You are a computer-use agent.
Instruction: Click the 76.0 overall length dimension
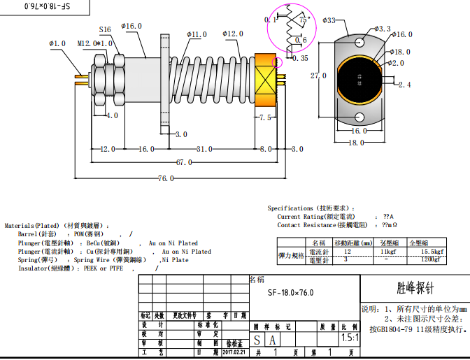(x=166, y=179)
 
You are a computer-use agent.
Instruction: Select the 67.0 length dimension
(x=183, y=162)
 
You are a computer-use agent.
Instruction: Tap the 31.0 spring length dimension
(x=204, y=149)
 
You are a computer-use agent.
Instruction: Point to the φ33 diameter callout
(x=329, y=21)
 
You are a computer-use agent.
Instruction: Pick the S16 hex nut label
(x=105, y=30)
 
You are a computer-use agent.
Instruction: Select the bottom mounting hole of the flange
(x=359, y=117)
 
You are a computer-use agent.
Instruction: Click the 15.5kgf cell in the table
(x=429, y=251)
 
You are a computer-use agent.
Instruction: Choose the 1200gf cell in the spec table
(x=431, y=259)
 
